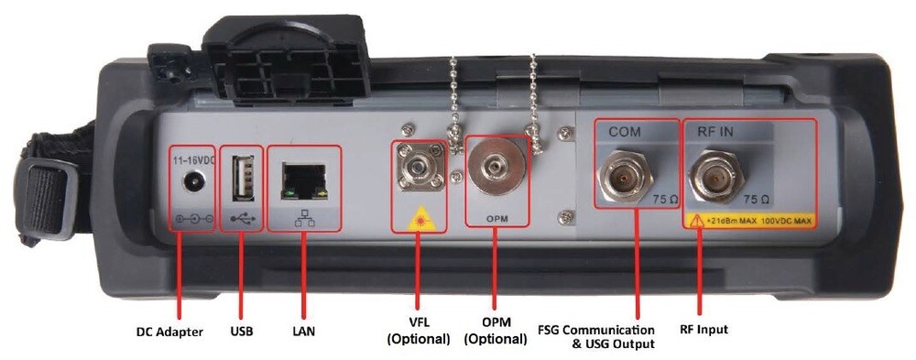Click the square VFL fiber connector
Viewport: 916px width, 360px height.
click(x=417, y=167)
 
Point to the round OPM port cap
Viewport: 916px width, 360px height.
click(x=496, y=167)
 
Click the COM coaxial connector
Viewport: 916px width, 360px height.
click(x=626, y=177)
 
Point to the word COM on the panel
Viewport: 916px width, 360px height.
click(x=625, y=132)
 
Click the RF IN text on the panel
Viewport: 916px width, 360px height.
click(x=715, y=132)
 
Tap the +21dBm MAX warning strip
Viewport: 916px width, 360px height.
click(x=749, y=221)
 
